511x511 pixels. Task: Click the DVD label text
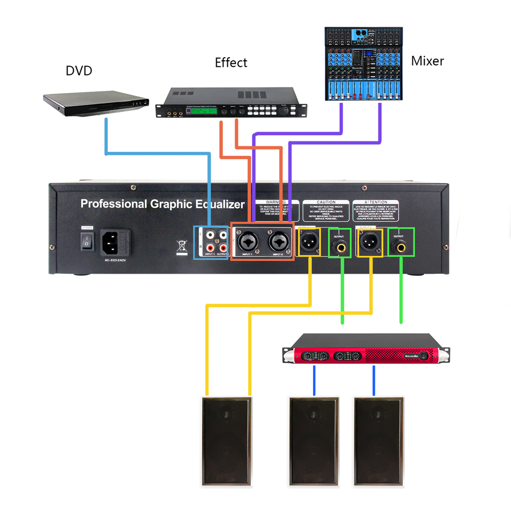pyautogui.click(x=79, y=71)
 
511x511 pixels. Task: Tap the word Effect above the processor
pyautogui.click(x=231, y=63)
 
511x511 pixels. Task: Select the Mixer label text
pyautogui.click(x=427, y=61)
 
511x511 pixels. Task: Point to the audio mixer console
pyautogui.click(x=364, y=64)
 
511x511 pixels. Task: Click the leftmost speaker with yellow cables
pyautogui.click(x=226, y=441)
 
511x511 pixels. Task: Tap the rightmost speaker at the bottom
pyautogui.click(x=378, y=441)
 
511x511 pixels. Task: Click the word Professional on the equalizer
pyautogui.click(x=113, y=204)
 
